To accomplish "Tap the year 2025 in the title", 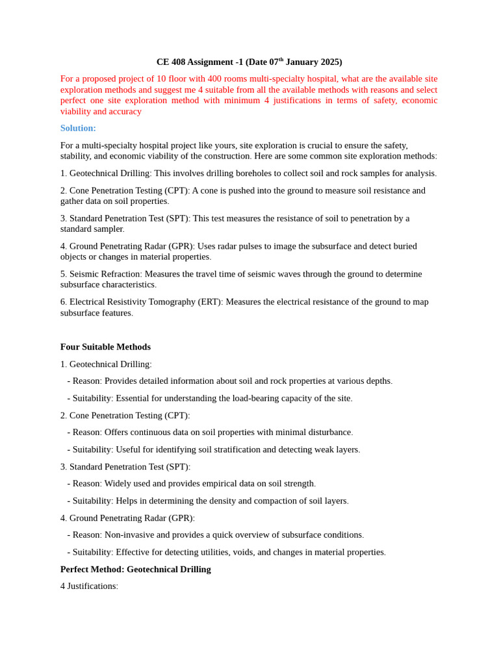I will (x=331, y=62).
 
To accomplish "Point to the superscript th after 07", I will (x=281, y=59).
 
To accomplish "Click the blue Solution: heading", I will (x=78, y=129).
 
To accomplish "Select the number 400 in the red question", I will (x=216, y=79).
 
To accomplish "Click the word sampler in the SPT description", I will (x=108, y=229).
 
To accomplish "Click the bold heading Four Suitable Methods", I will (x=105, y=347).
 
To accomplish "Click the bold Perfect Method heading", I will (x=135, y=570).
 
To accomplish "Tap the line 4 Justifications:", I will (x=89, y=586).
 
